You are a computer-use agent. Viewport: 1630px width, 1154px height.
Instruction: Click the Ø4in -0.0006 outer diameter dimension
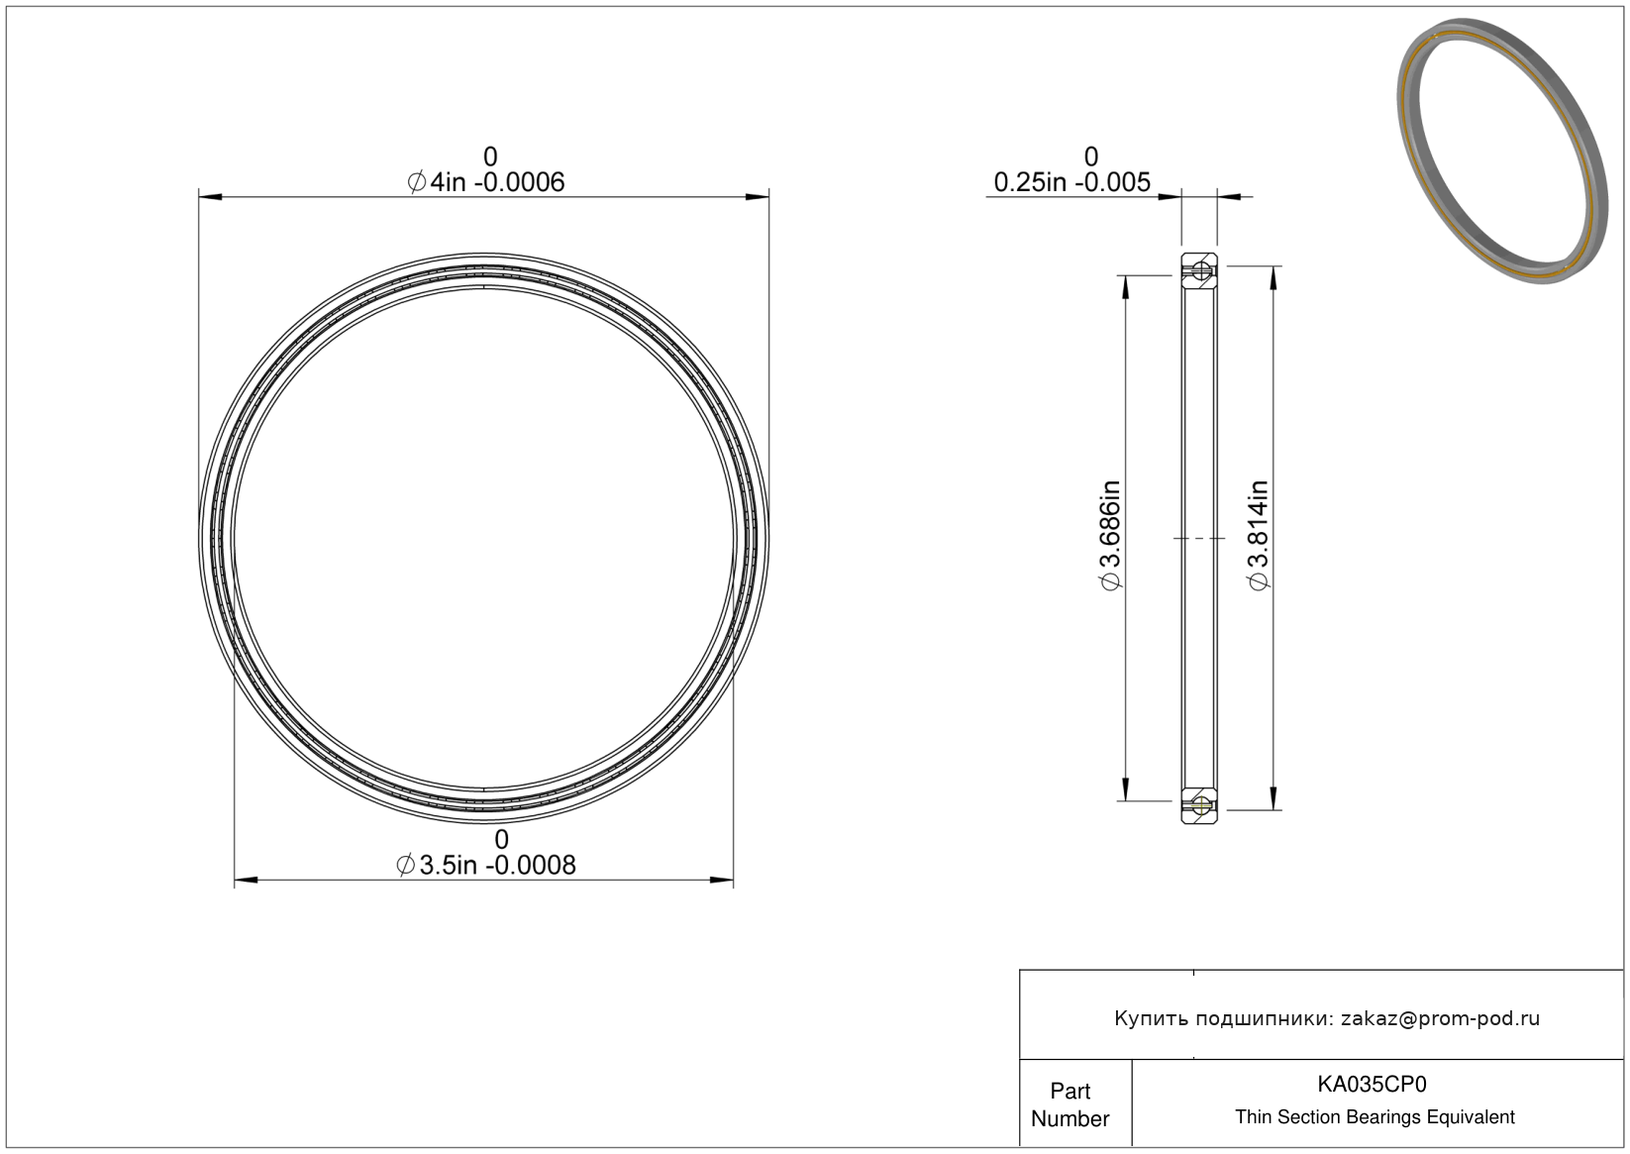coord(485,182)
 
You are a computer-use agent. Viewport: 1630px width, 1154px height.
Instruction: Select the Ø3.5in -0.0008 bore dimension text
coord(485,865)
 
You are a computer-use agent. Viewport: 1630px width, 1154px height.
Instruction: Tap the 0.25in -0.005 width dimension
coord(1071,182)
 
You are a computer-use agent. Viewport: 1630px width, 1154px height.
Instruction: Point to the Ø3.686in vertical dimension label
coord(1110,535)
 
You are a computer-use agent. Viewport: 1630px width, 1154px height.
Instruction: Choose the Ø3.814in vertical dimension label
coord(1259,535)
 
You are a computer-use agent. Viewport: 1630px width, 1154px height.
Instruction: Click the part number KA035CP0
coord(1372,1084)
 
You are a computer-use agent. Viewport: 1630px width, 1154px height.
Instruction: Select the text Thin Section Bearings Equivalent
coord(1375,1117)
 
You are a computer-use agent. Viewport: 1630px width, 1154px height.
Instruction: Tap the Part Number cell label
coord(1070,1104)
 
